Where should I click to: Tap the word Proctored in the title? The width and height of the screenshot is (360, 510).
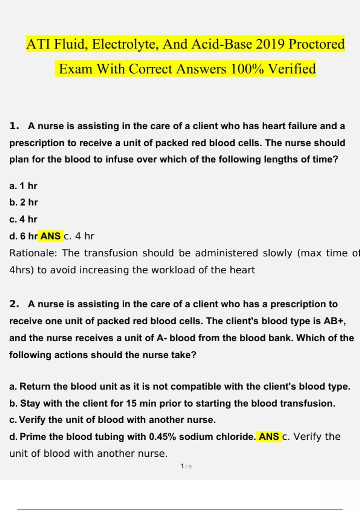click(316, 44)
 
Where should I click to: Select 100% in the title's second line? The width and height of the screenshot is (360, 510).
click(247, 69)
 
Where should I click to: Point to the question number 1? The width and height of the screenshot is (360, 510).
click(14, 126)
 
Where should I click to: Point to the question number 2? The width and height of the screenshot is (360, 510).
click(14, 304)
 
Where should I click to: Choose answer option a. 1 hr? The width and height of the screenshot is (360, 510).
click(23, 186)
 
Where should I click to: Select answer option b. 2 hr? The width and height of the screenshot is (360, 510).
click(24, 202)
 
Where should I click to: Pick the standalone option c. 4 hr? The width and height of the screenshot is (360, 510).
click(23, 219)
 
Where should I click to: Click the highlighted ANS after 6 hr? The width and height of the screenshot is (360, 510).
click(50, 236)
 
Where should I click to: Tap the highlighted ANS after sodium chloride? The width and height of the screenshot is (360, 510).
click(269, 436)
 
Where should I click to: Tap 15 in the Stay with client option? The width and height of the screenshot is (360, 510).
click(131, 403)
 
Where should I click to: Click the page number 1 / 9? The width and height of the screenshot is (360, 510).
click(186, 466)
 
